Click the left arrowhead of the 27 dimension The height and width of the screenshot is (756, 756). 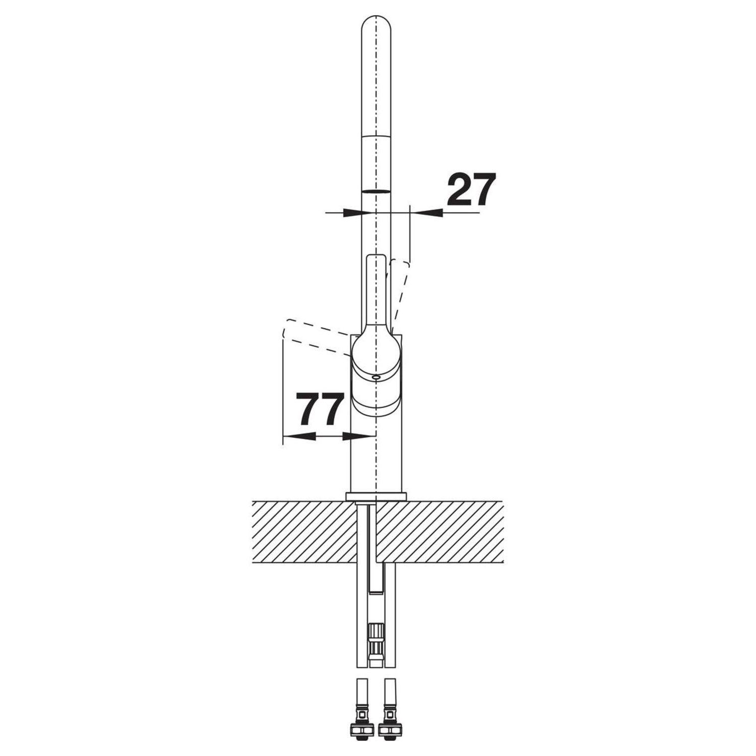[353, 213]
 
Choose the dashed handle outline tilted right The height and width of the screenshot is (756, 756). [400, 292]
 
